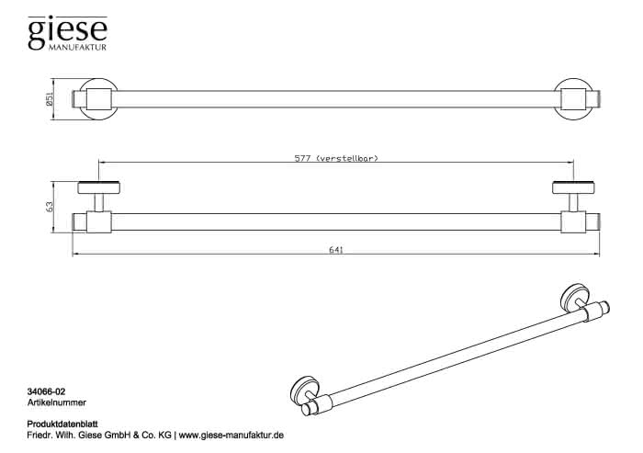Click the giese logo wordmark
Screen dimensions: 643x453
[x=68, y=31]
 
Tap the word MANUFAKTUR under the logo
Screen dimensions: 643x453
[x=77, y=48]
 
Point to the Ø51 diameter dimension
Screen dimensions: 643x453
[x=50, y=100]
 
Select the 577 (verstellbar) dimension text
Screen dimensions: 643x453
[x=336, y=158]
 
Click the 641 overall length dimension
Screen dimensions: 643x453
[x=336, y=250]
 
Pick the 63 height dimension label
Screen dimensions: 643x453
[x=50, y=207]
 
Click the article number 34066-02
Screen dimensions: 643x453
[x=46, y=392]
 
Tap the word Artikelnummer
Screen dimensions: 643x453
[x=57, y=402]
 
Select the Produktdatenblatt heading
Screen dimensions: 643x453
[x=62, y=425]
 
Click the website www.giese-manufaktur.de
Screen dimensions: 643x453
[x=231, y=436]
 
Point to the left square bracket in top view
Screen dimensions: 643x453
[x=99, y=99]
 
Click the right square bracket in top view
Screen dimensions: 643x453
[x=573, y=99]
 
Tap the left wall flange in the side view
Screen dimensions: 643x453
[x=99, y=187]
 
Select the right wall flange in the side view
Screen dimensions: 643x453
[x=573, y=187]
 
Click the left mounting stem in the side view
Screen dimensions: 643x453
[x=99, y=203]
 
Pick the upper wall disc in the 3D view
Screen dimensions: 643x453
[x=575, y=298]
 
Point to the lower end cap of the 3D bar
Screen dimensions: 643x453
[x=308, y=410]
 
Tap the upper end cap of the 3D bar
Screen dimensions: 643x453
[x=604, y=307]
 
